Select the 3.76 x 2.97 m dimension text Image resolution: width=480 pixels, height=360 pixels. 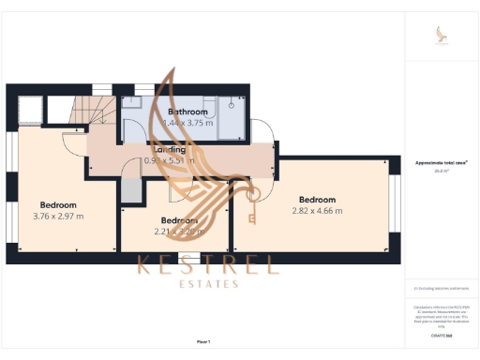click(58, 217)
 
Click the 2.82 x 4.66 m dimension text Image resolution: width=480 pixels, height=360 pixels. click(317, 211)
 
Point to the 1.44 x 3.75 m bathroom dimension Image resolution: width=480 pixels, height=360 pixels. click(187, 123)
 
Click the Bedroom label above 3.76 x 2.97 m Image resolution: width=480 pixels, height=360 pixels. click(58, 205)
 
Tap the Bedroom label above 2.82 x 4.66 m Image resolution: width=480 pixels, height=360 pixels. click(317, 200)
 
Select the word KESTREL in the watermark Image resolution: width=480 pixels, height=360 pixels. click(208, 264)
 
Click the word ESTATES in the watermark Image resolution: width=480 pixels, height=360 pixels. click(207, 283)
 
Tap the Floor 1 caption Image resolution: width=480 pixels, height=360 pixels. click(203, 341)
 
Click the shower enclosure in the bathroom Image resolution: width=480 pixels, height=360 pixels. click(230, 118)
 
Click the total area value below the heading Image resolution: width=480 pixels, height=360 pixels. click(441, 171)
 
